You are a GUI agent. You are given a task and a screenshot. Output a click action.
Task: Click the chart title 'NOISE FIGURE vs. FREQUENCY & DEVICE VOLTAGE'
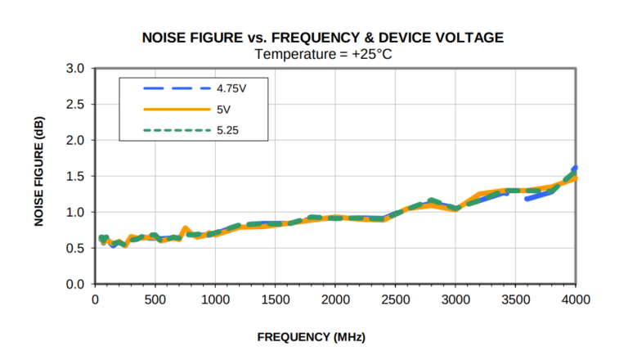coord(323,38)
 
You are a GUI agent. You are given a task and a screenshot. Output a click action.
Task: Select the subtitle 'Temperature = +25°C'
coord(322,54)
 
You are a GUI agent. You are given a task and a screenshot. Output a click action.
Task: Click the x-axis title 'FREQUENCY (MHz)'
coord(312,337)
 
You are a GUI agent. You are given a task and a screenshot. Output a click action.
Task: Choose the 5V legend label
coord(223,108)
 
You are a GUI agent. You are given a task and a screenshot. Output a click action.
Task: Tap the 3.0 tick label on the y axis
coord(75,68)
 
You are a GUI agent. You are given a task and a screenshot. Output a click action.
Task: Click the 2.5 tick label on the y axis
coord(75,104)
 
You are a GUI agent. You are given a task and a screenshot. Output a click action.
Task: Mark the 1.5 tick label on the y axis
coord(75,176)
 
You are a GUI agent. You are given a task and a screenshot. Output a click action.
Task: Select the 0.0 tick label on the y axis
coord(75,284)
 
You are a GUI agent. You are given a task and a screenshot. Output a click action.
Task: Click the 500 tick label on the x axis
coord(155,299)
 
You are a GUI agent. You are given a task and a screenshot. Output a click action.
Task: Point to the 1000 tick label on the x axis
coord(215,299)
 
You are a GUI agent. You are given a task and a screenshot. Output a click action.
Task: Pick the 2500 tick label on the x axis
coord(396,299)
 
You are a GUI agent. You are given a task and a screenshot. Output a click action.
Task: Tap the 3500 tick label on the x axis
coord(516,299)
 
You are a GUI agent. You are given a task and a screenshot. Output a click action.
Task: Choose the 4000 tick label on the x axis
coord(576,299)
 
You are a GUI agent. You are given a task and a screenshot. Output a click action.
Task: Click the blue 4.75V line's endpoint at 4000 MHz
coord(575,168)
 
